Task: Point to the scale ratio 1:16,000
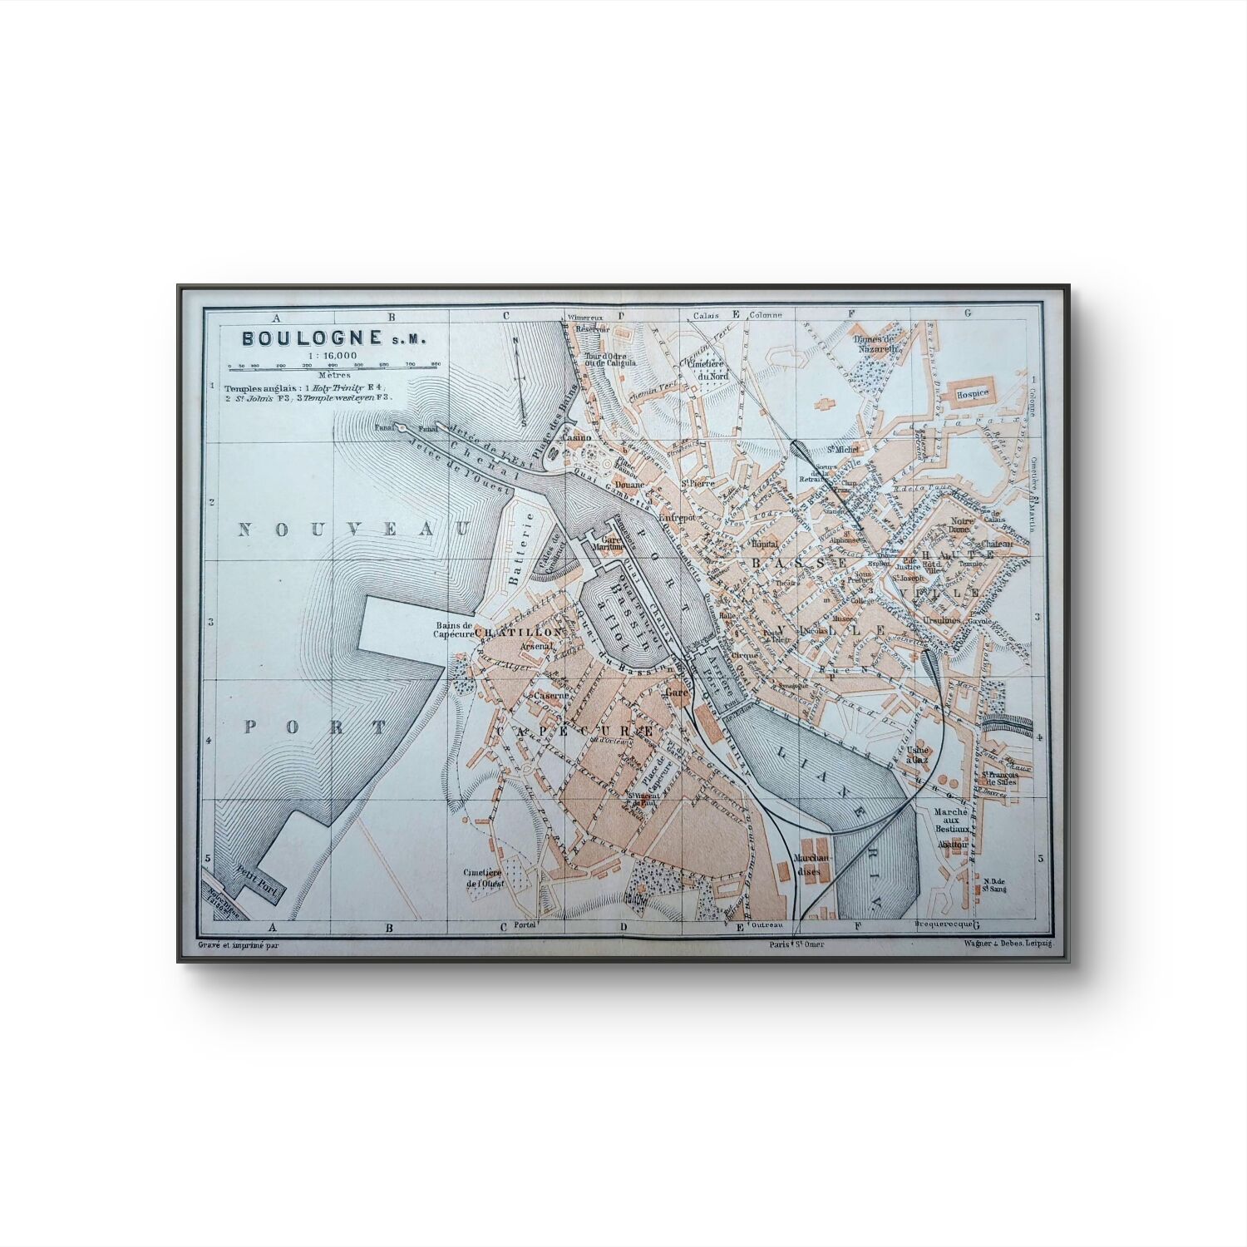pos(332,356)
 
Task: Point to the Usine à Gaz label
pos(918,754)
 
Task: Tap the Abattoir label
pos(953,843)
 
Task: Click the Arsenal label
pos(536,646)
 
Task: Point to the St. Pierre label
pos(697,482)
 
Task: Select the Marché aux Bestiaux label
pos(950,820)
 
